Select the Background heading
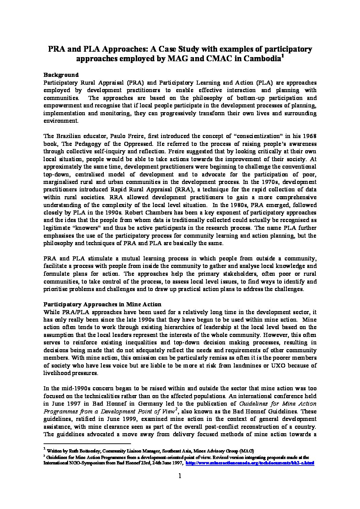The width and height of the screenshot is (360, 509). coord(61,75)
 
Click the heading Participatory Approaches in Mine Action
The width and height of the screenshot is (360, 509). coord(102,304)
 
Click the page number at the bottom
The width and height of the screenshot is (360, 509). coord(180,476)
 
